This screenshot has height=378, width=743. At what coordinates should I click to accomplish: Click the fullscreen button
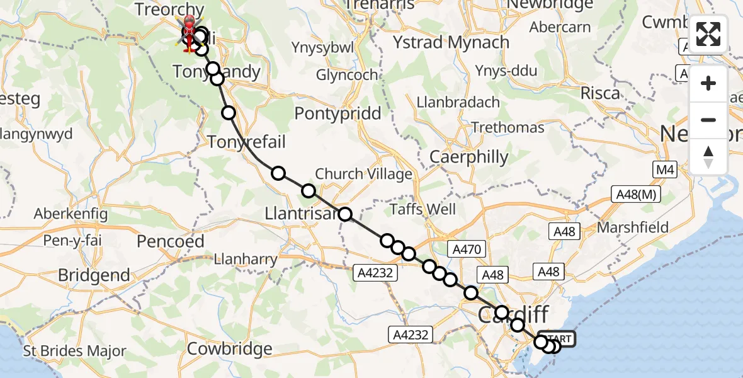click(x=708, y=34)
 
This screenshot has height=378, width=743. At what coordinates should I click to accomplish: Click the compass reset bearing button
click(x=708, y=157)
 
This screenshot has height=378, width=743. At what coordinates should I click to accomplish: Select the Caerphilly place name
click(x=468, y=157)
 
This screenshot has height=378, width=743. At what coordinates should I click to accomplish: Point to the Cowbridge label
click(x=230, y=348)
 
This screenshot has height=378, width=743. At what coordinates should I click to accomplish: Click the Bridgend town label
click(x=94, y=275)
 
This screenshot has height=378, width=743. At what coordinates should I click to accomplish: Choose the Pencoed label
click(x=171, y=241)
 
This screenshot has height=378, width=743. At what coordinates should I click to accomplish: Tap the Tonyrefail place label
click(x=246, y=142)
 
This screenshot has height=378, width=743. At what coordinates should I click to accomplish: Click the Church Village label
click(x=363, y=174)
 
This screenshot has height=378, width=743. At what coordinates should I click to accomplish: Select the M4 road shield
click(x=664, y=169)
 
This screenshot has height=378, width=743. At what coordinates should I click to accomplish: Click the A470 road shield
click(x=467, y=249)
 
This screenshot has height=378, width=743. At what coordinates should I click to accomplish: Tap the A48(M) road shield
click(x=637, y=195)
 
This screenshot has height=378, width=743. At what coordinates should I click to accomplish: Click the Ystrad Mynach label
click(x=451, y=43)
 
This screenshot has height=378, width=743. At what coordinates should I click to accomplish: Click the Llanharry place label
click(x=246, y=259)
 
